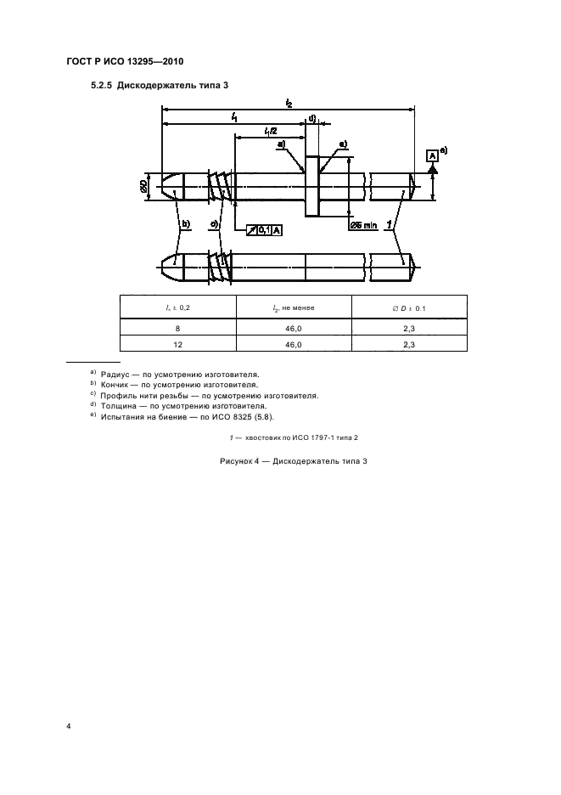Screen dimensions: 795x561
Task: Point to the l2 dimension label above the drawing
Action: (x=289, y=104)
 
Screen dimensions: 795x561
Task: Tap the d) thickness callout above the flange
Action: (x=312, y=118)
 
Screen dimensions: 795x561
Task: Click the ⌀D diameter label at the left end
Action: (x=145, y=184)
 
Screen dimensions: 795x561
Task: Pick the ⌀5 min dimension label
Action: (x=364, y=224)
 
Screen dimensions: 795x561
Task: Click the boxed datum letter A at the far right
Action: (x=432, y=155)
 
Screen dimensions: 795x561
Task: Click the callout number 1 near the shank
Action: (x=389, y=224)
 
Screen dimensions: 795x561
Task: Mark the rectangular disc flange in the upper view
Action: (x=311, y=185)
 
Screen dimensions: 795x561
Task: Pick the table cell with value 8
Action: (x=178, y=327)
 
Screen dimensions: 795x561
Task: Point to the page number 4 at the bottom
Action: (x=69, y=727)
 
